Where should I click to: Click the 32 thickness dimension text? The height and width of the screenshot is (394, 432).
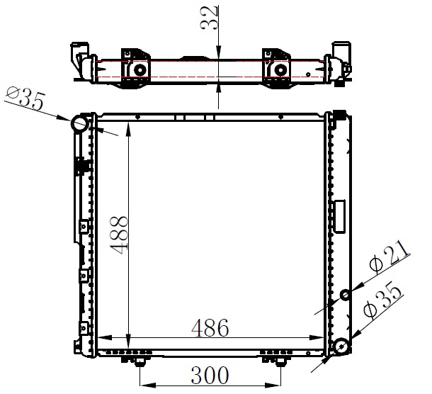coord(209,18)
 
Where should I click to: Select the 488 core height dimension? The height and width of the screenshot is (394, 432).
coord(119,235)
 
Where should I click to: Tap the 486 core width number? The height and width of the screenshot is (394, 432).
coord(210,328)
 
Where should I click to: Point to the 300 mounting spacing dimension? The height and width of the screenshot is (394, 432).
coord(210,376)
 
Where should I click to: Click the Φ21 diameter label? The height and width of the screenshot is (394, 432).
coord(389,257)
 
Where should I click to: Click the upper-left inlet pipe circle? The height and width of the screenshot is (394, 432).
coord(80,124)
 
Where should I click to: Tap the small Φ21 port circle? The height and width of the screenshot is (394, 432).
coord(345,295)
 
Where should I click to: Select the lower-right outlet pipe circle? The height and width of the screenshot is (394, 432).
coord(342,347)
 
